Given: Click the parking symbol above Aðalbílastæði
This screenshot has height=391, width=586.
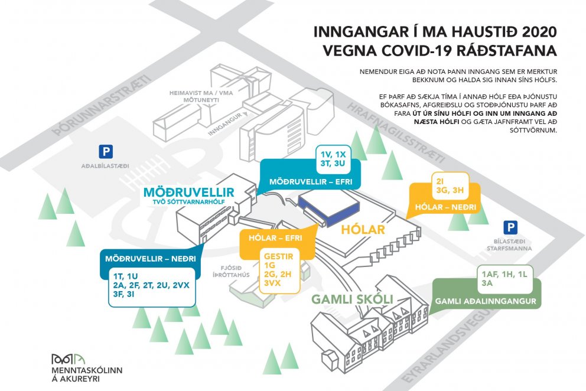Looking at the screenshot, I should click(106, 152).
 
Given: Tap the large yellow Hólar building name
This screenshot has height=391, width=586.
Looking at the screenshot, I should click(363, 229).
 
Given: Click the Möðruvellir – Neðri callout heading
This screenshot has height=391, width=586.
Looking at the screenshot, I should click(151, 259).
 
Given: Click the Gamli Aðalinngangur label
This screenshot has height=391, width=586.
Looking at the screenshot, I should click(486, 301).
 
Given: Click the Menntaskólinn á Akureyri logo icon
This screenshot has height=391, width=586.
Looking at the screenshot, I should click(69, 359).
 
